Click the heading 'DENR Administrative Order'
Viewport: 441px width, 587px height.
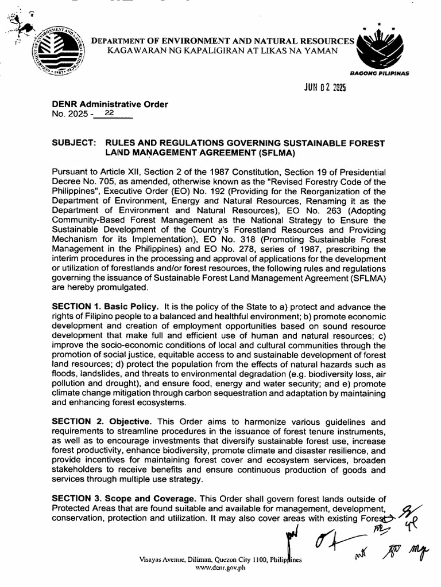[x=110, y=104]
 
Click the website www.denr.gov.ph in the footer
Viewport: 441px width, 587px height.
[x=220, y=567]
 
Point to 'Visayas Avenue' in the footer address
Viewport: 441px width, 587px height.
[x=162, y=558]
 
